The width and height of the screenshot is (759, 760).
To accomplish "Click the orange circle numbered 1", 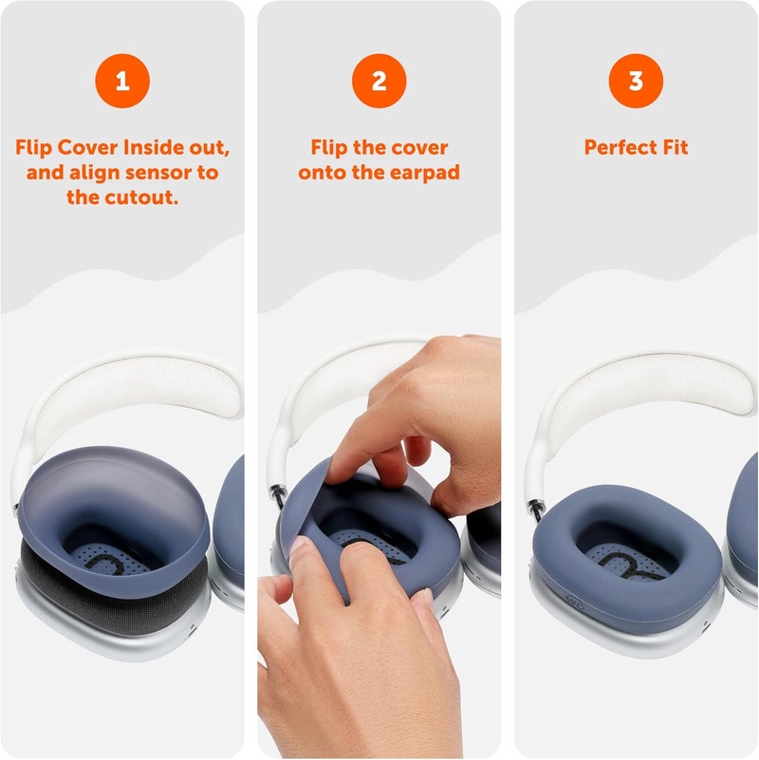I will point(121,82).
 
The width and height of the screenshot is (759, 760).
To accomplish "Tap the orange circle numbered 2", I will point(379,82).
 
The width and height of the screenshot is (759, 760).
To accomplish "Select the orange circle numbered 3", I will point(636,82).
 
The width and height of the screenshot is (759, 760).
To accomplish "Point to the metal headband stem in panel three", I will point(537,509).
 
